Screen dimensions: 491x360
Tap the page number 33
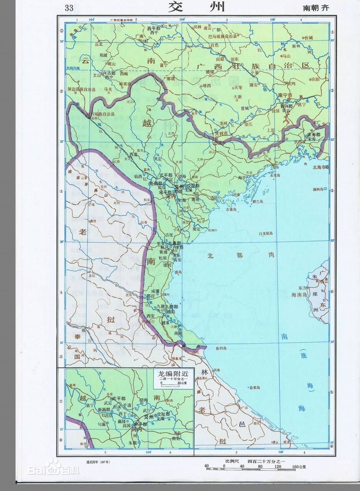(x=70, y=8)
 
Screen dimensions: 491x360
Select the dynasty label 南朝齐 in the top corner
(x=316, y=8)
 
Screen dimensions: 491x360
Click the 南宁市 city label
(x=285, y=95)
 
